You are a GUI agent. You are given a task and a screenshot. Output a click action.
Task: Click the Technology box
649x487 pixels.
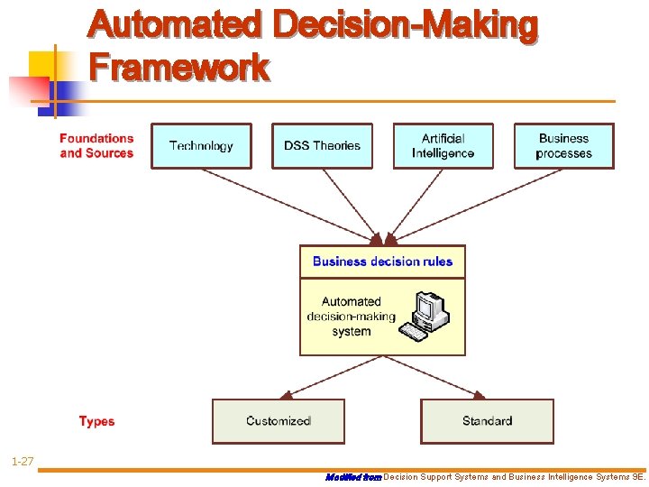pos(201,146)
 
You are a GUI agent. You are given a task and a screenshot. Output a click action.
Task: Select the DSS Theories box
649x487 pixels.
pos(322,146)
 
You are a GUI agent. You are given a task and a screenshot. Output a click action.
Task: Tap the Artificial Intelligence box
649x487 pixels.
pos(443,146)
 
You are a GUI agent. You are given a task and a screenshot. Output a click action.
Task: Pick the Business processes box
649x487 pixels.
pos(563,146)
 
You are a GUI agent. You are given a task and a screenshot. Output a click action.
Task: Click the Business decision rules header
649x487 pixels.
pos(382,262)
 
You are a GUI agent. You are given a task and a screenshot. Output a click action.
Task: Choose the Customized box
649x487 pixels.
pos(278,421)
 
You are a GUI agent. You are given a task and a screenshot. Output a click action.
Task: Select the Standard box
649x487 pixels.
pos(487,421)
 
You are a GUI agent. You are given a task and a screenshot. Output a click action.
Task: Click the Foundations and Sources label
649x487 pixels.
pos(96,146)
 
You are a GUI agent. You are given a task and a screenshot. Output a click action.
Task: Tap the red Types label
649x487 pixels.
pos(96,421)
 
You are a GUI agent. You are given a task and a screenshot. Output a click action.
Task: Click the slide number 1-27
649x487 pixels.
pos(23,462)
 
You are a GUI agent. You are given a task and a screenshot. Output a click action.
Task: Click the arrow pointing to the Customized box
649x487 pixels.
pos(324,377)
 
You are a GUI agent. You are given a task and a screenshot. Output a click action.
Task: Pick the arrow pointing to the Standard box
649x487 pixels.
pos(437,377)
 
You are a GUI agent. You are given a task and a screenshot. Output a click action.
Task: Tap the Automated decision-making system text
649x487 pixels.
pos(352,317)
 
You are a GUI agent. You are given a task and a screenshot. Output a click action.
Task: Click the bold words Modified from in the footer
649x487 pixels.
pos(352,476)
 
